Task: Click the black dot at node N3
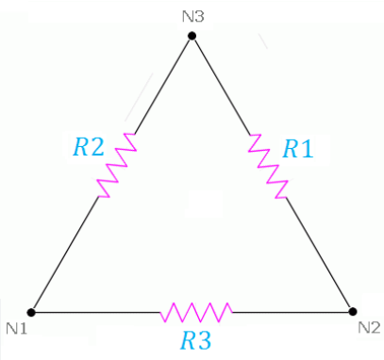[192, 36]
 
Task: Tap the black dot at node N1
[31, 311]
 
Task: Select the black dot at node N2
[352, 311]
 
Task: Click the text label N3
[192, 16]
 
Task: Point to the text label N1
[16, 328]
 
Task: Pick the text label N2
[369, 328]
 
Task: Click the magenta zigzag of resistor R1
[270, 166]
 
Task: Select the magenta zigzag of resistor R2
[117, 166]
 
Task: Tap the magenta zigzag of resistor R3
[196, 311]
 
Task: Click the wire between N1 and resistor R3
[94, 311]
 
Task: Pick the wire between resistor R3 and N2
[292, 311]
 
